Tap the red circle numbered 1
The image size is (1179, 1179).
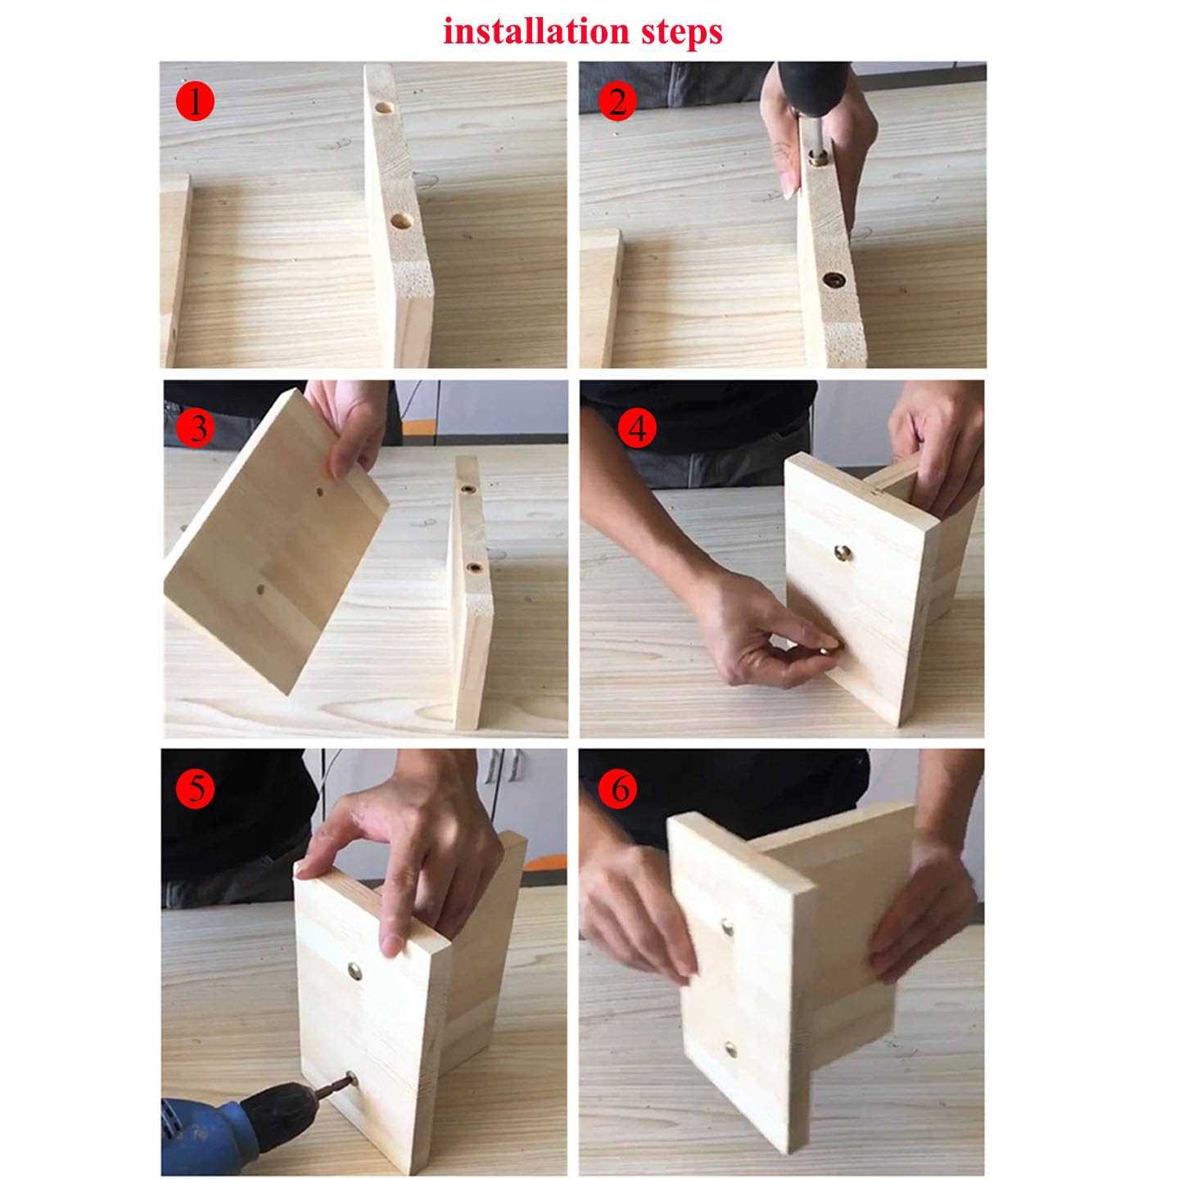coord(195,102)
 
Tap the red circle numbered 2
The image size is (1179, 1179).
coord(618,102)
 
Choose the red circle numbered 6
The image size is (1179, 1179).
coord(620,789)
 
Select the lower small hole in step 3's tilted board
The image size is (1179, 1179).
coord(260,590)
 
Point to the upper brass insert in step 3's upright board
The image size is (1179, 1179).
coord(468,490)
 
